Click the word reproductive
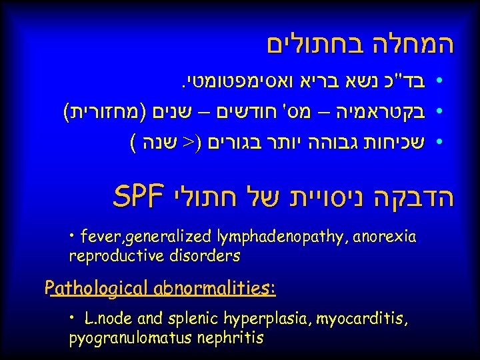(111, 255)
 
